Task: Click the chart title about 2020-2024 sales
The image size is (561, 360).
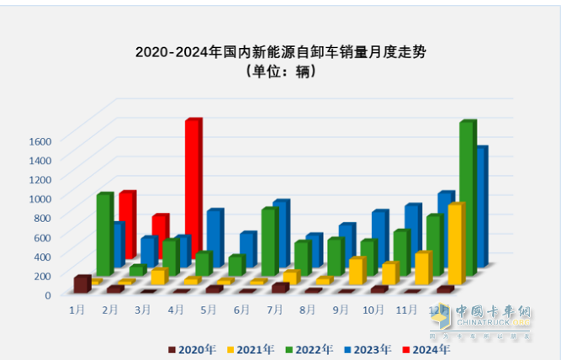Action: [280, 53]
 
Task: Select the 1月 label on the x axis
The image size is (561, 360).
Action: [77, 310]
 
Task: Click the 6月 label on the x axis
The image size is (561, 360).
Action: [241, 310]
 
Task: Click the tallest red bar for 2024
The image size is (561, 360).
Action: [192, 185]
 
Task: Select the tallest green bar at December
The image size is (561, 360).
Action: [465, 193]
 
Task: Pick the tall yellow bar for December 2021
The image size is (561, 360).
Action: [455, 244]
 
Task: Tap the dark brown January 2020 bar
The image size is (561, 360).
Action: [81, 283]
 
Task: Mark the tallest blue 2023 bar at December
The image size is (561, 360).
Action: [482, 202]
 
